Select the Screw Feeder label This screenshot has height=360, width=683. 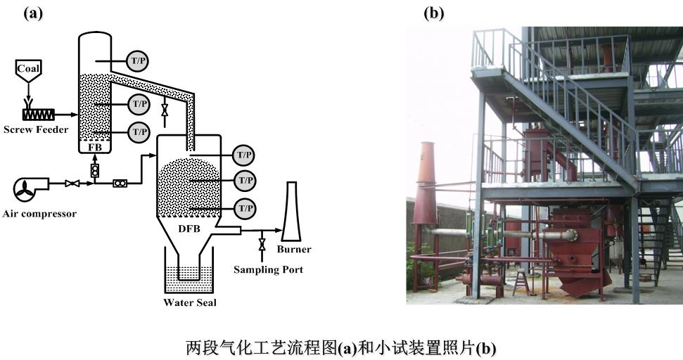pyautogui.click(x=36, y=129)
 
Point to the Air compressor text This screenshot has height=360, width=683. pyautogui.click(x=39, y=213)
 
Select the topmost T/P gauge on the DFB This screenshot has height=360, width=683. pyautogui.click(x=243, y=155)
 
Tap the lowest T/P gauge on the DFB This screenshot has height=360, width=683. pyautogui.click(x=245, y=209)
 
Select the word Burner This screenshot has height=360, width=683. pyautogui.click(x=294, y=249)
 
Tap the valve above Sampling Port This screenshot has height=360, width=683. pyautogui.click(x=262, y=245)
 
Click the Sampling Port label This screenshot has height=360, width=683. pyautogui.click(x=268, y=269)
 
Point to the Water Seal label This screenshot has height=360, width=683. pyautogui.click(x=190, y=303)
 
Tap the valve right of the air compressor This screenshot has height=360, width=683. pyautogui.click(x=71, y=184)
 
